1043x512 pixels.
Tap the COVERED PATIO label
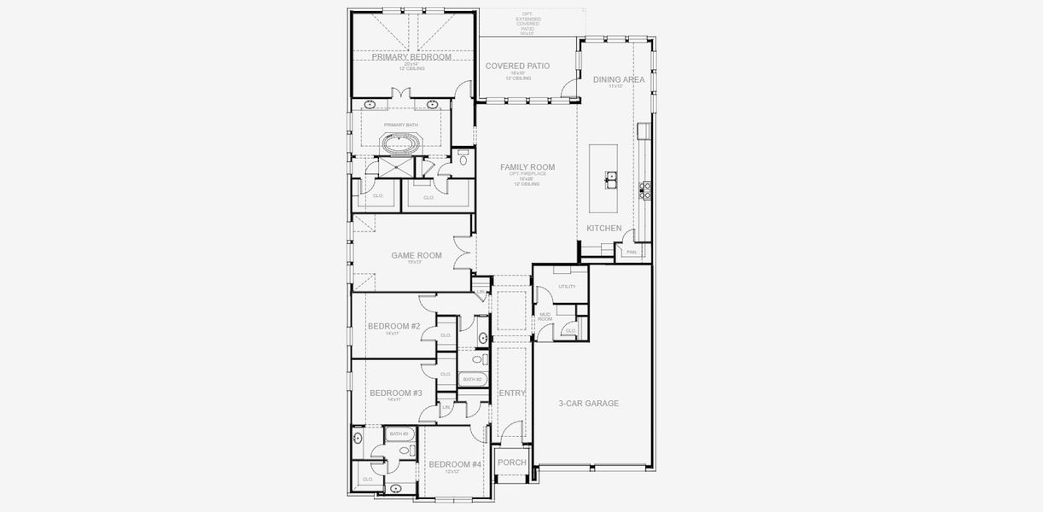517,66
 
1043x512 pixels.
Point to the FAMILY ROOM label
527,167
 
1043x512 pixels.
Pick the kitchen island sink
612,177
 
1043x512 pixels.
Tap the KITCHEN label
604,228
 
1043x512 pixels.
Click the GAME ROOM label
417,255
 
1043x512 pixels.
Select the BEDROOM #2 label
393,326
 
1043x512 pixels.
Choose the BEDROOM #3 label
395,393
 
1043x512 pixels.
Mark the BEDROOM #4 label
455,465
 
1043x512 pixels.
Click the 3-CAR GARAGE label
588,404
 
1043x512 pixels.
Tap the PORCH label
512,463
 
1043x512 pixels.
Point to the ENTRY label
512,393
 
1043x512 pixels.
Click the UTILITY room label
567,287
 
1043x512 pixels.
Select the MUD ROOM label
545,317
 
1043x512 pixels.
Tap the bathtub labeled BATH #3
399,434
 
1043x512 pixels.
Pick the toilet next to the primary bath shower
463,159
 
